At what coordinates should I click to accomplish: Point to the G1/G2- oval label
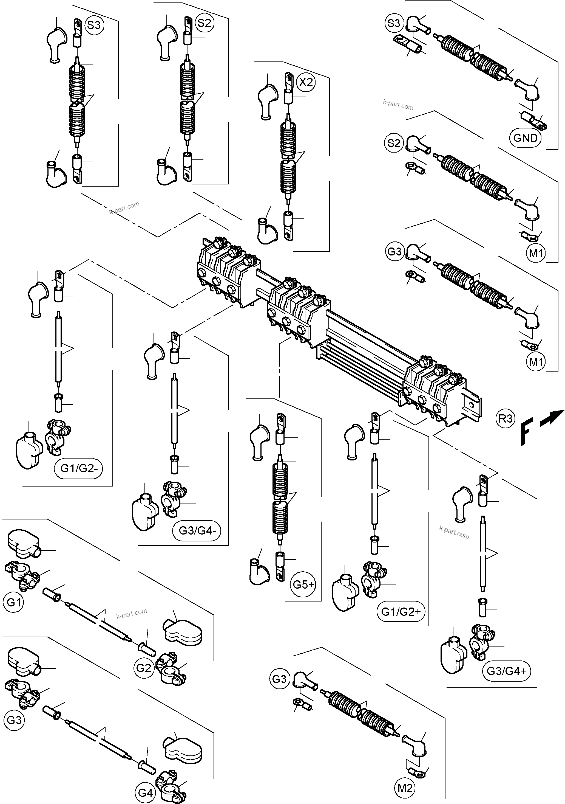78,468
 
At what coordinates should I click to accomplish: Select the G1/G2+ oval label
401,612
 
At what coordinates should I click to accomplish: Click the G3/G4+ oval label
506,671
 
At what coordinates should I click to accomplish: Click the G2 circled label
143,668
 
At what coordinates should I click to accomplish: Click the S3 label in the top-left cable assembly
94,25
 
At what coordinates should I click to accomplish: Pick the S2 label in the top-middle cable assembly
204,23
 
